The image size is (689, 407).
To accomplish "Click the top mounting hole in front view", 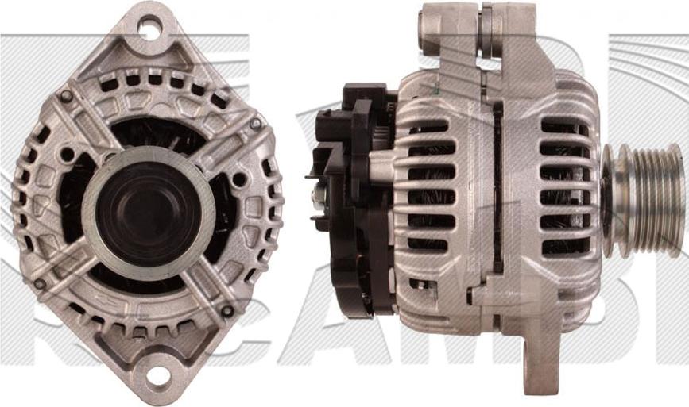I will tap(148, 29).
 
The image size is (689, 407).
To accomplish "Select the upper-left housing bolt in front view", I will tap(66, 96).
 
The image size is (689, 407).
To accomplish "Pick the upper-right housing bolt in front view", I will tap(255, 124).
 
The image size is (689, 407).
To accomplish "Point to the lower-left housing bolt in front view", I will tap(39, 283).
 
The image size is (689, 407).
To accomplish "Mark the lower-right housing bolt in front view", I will tap(227, 311).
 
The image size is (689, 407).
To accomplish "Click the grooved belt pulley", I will tap(642, 200).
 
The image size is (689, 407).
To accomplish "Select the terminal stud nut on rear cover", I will tap(318, 194).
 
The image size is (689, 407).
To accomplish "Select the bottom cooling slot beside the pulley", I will tap(564, 247).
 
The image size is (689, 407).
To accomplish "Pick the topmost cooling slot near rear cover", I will tap(429, 127).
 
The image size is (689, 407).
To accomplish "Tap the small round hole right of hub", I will tap(238, 179).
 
